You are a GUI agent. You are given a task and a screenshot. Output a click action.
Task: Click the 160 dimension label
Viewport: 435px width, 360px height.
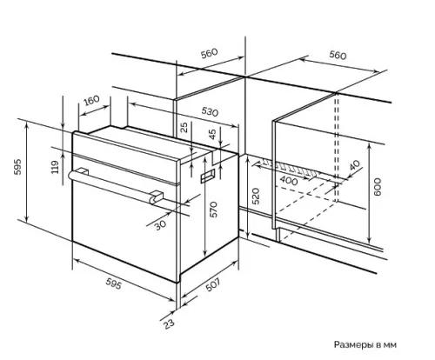click(x=91, y=100)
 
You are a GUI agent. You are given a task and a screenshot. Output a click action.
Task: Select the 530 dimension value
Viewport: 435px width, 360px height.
click(x=210, y=111)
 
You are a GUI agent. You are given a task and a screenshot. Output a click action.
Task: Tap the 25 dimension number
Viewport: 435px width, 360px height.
click(x=184, y=127)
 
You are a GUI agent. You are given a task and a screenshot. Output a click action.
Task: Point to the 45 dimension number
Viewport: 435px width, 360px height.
click(x=213, y=134)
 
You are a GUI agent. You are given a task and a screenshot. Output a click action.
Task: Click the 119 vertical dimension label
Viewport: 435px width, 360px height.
click(x=55, y=167)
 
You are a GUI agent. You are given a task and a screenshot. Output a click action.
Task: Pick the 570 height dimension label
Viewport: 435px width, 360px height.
click(x=213, y=210)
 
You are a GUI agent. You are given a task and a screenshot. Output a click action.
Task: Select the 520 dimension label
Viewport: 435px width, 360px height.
click(x=255, y=197)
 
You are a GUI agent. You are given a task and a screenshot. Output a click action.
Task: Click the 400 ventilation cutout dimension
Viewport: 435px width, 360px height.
click(x=289, y=181)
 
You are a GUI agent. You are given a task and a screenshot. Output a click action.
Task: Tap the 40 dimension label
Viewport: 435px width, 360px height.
click(x=354, y=165)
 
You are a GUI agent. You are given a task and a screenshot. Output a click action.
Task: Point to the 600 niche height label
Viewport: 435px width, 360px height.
click(x=377, y=187)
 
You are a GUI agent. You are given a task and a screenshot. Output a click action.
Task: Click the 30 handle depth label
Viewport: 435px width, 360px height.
click(x=160, y=224)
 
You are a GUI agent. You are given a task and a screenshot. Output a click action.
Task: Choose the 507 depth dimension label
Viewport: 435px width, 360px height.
click(x=213, y=284)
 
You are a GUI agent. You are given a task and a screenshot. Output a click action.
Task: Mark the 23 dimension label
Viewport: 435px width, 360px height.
click(x=169, y=323)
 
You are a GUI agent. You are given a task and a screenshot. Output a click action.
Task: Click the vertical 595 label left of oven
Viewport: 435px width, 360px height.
click(x=17, y=166)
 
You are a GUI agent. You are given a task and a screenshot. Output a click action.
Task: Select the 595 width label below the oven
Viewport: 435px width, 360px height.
click(x=113, y=283)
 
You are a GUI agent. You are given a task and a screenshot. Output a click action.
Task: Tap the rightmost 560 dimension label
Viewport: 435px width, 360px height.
click(x=338, y=55)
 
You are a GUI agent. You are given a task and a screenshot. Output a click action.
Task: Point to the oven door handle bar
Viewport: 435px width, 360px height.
click(x=113, y=185)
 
